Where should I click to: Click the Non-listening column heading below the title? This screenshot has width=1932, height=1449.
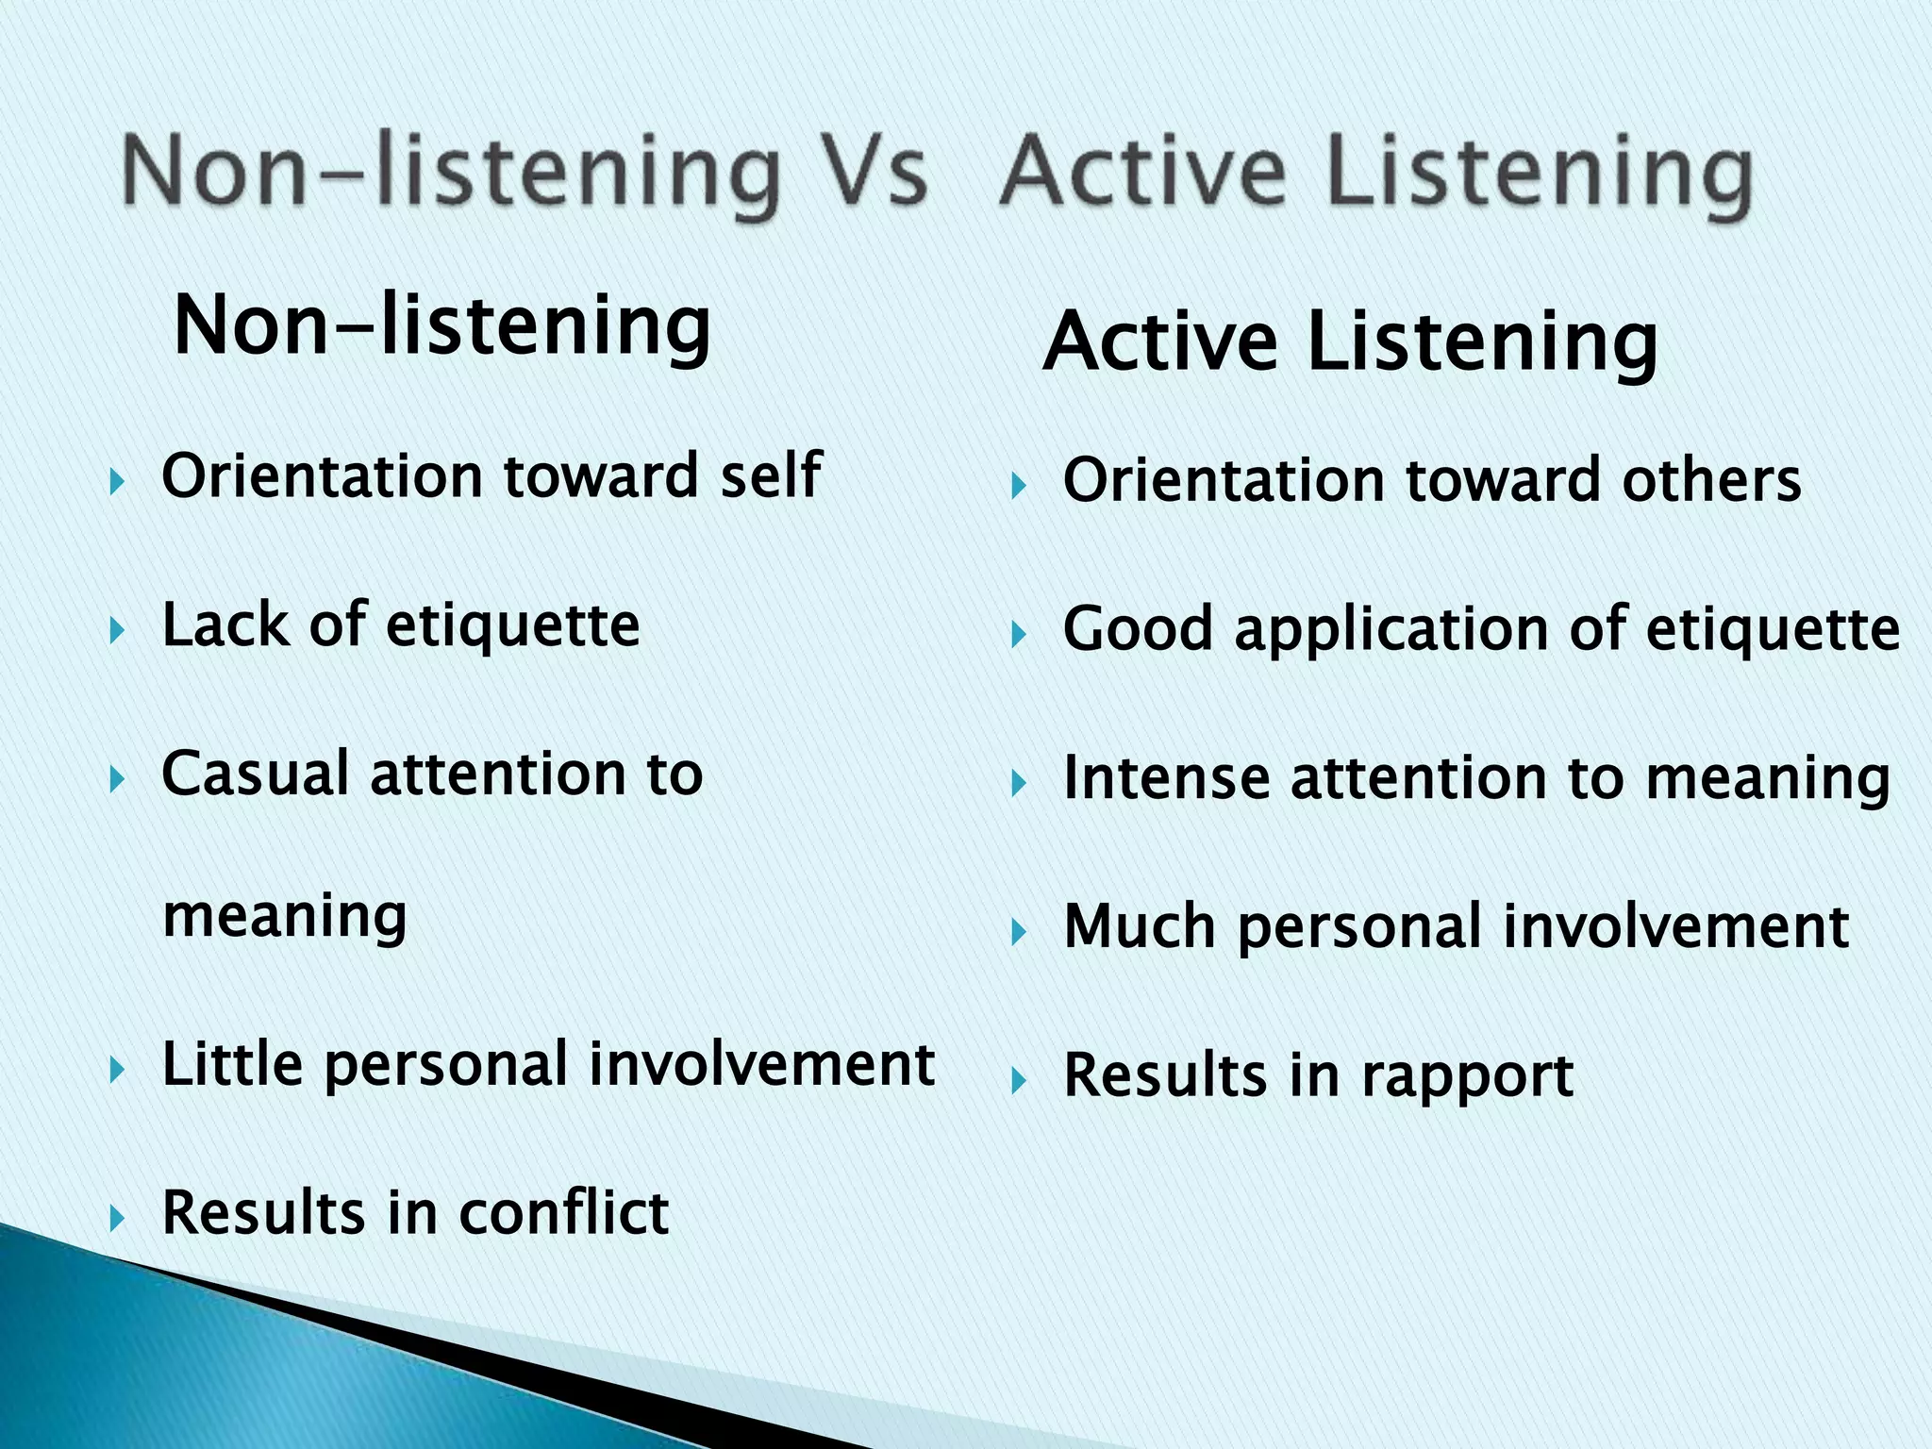[x=442, y=325]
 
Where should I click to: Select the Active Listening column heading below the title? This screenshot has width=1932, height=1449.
[x=1350, y=341]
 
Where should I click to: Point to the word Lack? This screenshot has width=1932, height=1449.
[x=225, y=625]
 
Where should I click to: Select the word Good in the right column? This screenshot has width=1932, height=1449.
[x=1137, y=629]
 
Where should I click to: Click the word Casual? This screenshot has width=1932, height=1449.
[x=255, y=774]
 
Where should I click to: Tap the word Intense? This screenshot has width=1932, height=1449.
[x=1165, y=778]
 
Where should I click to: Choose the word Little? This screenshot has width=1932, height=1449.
[x=232, y=1064]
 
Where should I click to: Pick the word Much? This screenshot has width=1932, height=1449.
[x=1139, y=926]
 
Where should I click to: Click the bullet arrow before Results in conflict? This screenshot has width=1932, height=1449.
[x=117, y=1218]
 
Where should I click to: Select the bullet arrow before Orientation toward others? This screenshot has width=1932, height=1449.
[x=1018, y=487]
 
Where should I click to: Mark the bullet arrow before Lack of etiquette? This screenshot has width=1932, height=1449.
[x=117, y=630]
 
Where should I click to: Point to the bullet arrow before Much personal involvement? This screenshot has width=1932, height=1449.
[x=1018, y=933]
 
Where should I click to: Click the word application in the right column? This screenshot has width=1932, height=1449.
[x=1391, y=629]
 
